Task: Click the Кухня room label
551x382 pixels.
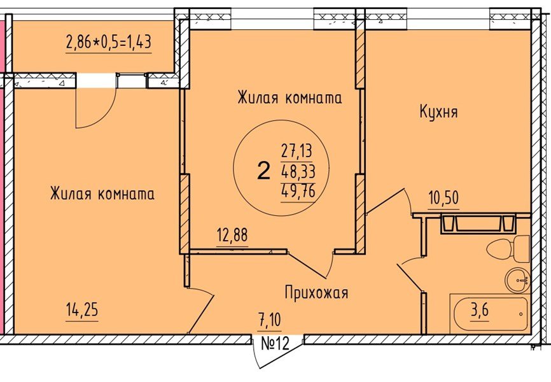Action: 438,112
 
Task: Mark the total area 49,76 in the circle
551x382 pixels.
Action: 298,190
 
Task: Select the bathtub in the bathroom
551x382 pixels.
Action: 489,314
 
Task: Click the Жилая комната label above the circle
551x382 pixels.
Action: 289,98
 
